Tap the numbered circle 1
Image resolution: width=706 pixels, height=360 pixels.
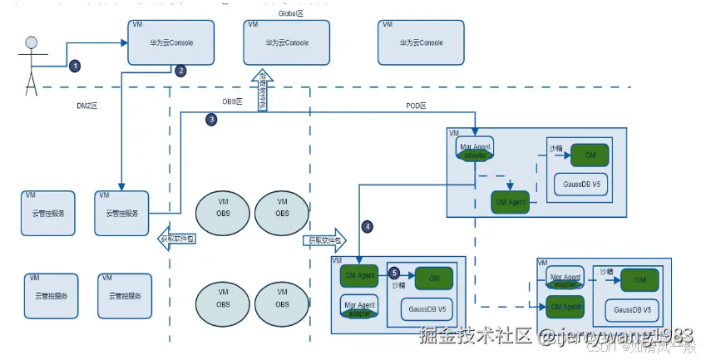click(x=75, y=65)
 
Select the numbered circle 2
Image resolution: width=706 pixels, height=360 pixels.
click(x=181, y=71)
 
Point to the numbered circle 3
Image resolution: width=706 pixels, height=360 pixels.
click(x=211, y=120)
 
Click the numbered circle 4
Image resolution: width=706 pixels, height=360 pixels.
click(x=367, y=225)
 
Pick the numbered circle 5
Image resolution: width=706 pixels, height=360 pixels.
click(x=394, y=272)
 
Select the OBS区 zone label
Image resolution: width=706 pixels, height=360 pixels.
click(x=231, y=101)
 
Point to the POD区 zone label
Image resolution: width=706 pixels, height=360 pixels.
click(x=415, y=106)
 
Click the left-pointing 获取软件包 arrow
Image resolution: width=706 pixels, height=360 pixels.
click(x=175, y=239)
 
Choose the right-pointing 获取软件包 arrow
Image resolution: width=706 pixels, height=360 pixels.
click(x=324, y=239)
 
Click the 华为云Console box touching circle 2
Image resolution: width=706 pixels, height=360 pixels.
click(x=171, y=42)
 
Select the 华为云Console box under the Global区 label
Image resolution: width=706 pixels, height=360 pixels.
click(x=287, y=42)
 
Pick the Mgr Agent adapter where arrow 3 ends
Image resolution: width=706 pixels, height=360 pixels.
click(x=476, y=149)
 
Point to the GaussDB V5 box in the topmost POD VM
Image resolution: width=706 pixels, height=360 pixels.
click(x=580, y=185)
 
